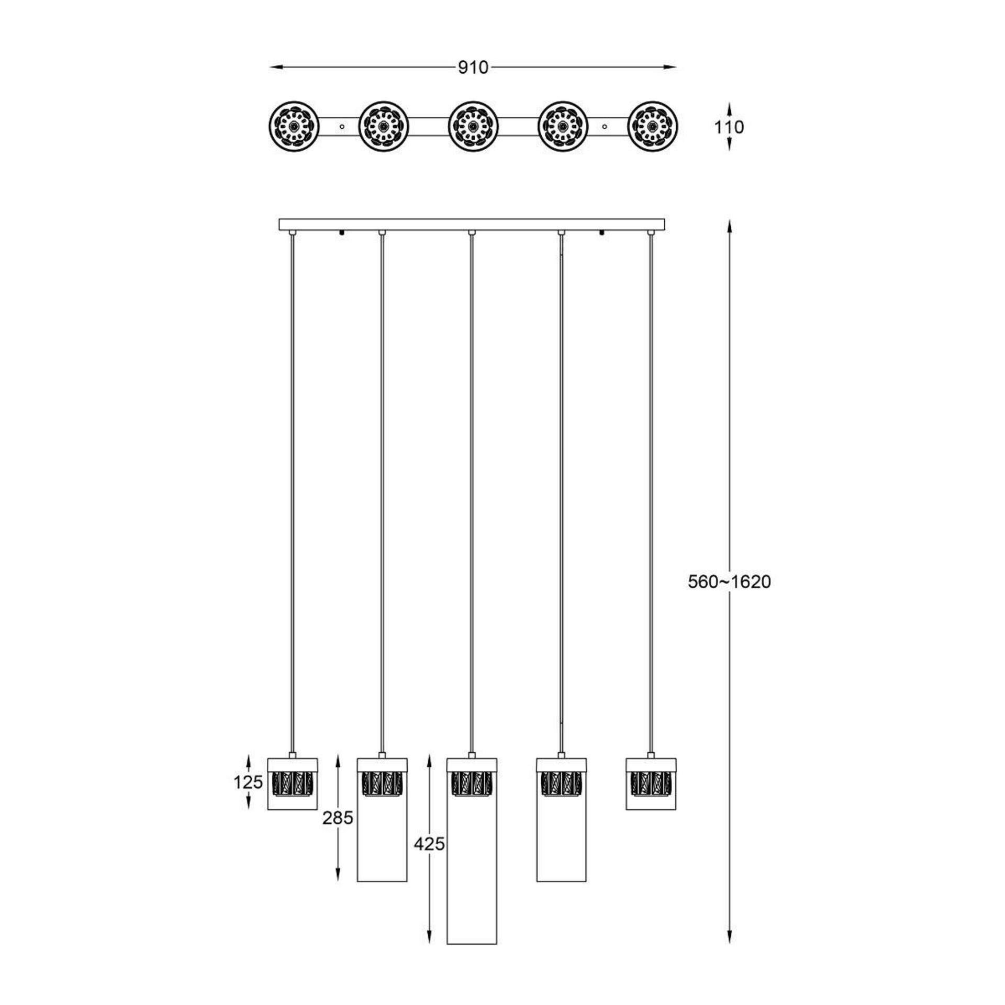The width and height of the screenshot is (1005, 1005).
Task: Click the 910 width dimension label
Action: coord(473,68)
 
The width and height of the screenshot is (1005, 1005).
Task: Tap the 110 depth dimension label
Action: coord(729,127)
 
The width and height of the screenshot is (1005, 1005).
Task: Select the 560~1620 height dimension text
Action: coord(729,582)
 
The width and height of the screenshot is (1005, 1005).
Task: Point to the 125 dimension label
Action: coord(248,782)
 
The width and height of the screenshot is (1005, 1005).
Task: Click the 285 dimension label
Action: coord(338,817)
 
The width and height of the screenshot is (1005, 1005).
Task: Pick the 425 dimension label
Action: coord(429,858)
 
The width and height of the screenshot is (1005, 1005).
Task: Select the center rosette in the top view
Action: coord(473,127)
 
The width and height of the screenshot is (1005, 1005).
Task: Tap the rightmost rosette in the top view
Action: coord(652,127)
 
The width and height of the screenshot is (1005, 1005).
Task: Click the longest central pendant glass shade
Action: coord(472,885)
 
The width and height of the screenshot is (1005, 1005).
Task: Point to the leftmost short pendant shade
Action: coord(293,784)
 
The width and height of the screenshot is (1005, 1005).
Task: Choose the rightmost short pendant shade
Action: coord(651,784)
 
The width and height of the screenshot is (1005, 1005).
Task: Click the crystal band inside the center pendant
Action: coord(472,784)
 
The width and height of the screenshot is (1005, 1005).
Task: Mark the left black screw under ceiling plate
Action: coord(342,233)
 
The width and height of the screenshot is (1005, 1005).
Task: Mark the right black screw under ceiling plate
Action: coord(602,233)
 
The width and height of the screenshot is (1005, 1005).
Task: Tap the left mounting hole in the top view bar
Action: coord(342,127)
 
